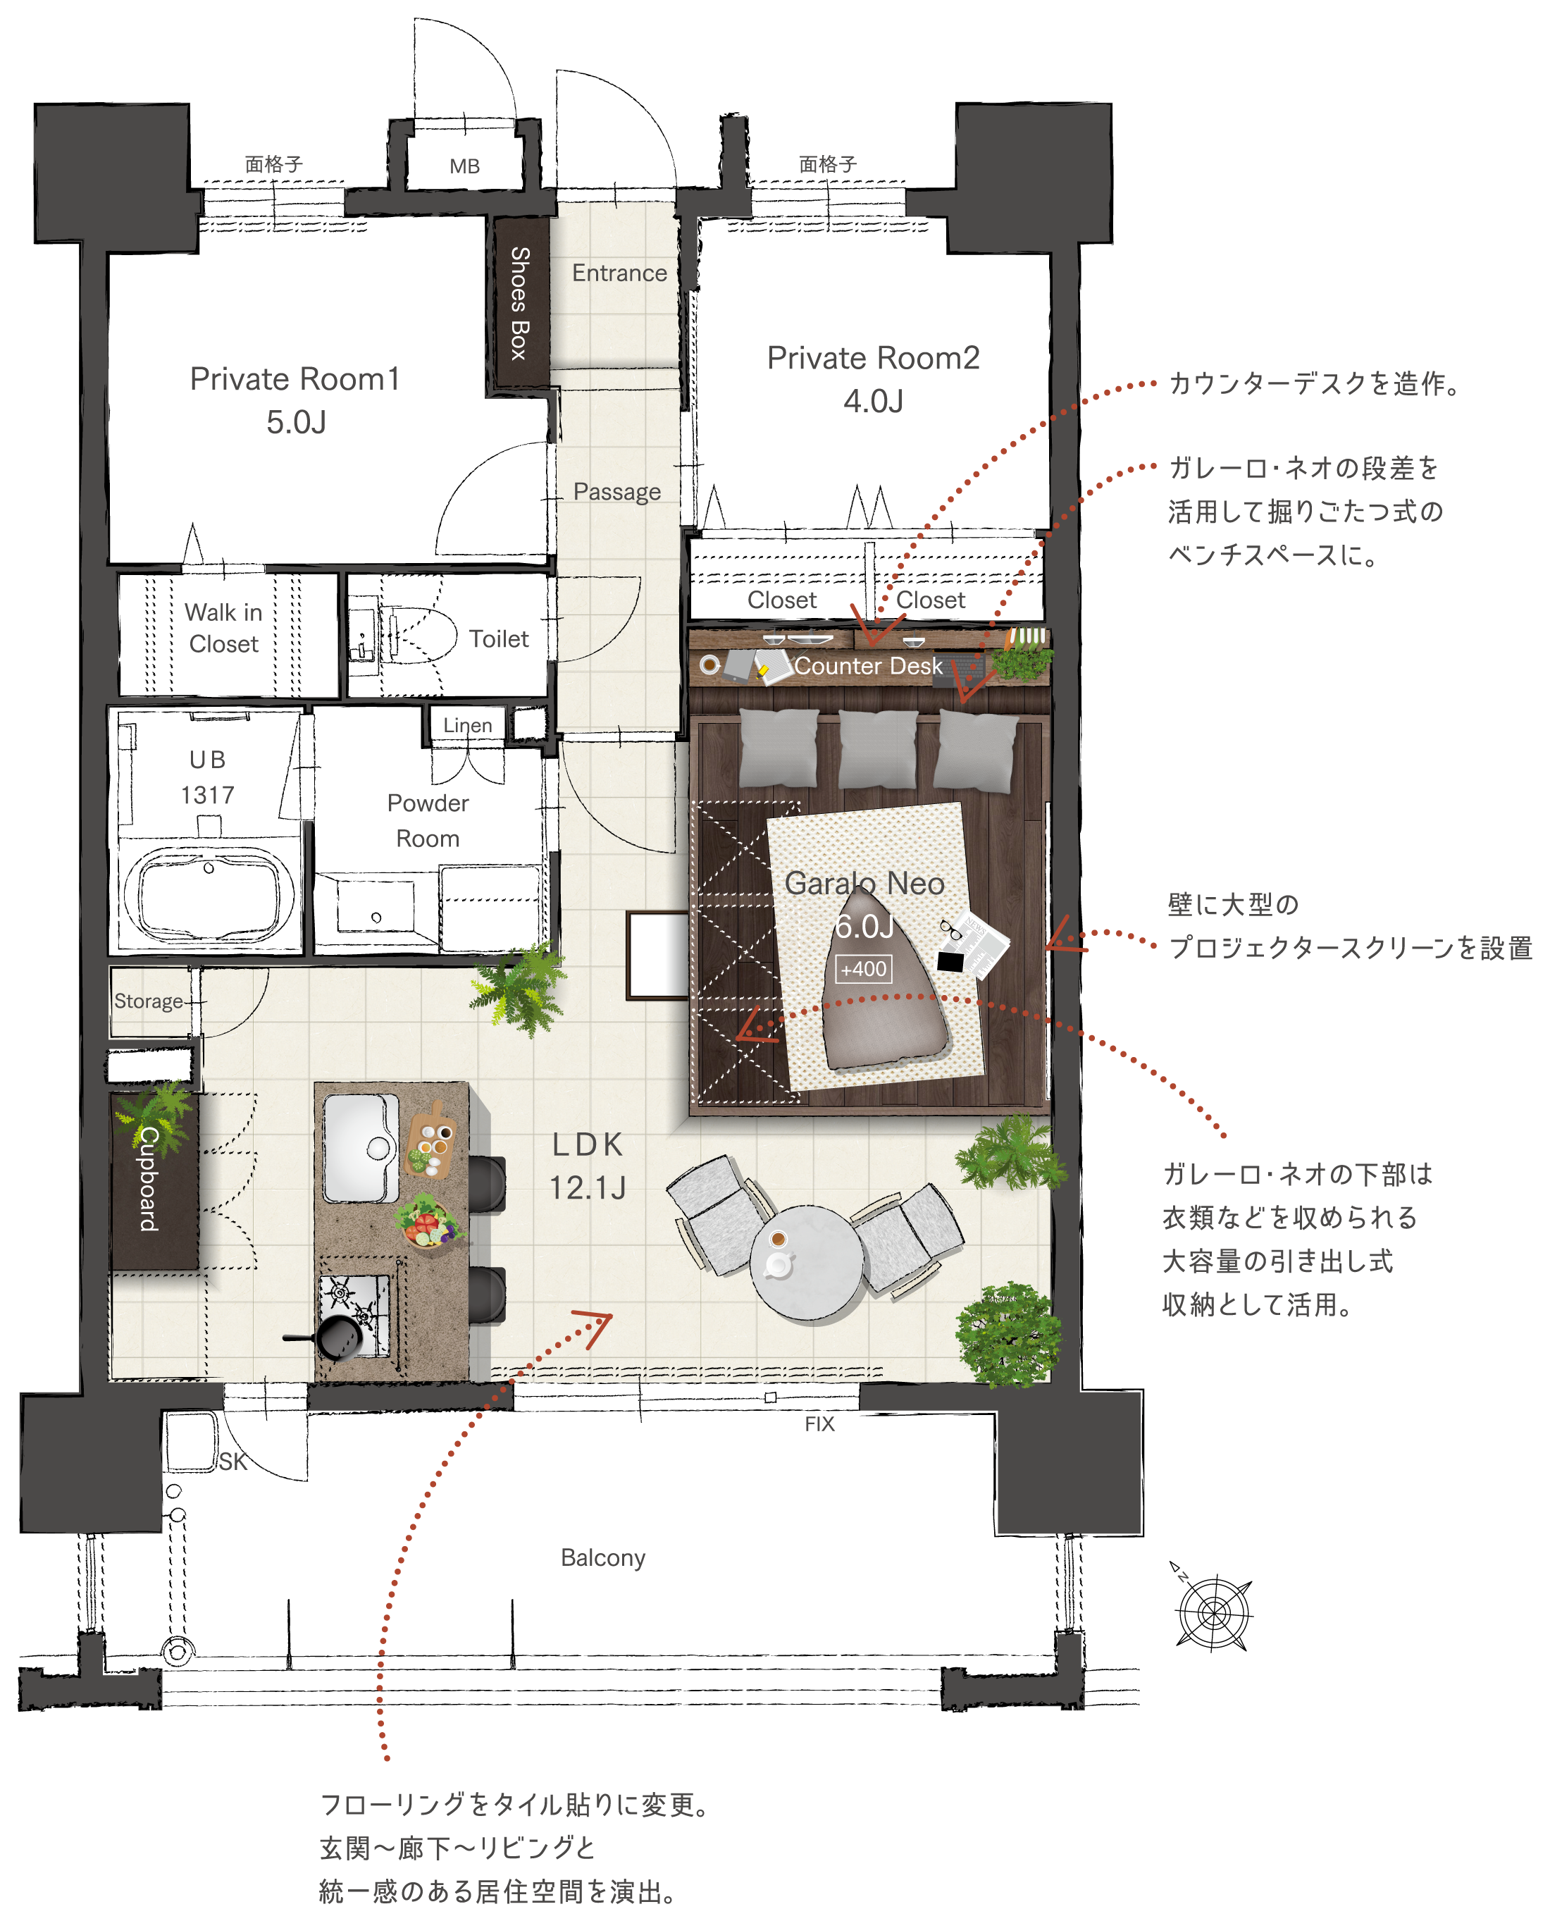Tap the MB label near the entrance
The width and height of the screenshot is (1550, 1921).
464,166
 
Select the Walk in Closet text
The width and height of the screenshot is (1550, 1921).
223,628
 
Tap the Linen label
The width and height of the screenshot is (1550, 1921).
468,725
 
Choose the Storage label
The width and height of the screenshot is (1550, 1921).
148,1001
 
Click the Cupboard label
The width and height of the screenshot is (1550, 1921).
148,1178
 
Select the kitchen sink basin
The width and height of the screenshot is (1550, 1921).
361,1148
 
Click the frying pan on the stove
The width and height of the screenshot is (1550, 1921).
330,1336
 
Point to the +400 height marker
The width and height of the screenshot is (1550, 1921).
863,969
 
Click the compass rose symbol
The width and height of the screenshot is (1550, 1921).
1213,1610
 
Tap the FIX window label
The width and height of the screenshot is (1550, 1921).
819,1423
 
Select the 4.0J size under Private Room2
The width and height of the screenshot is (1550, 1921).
873,401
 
